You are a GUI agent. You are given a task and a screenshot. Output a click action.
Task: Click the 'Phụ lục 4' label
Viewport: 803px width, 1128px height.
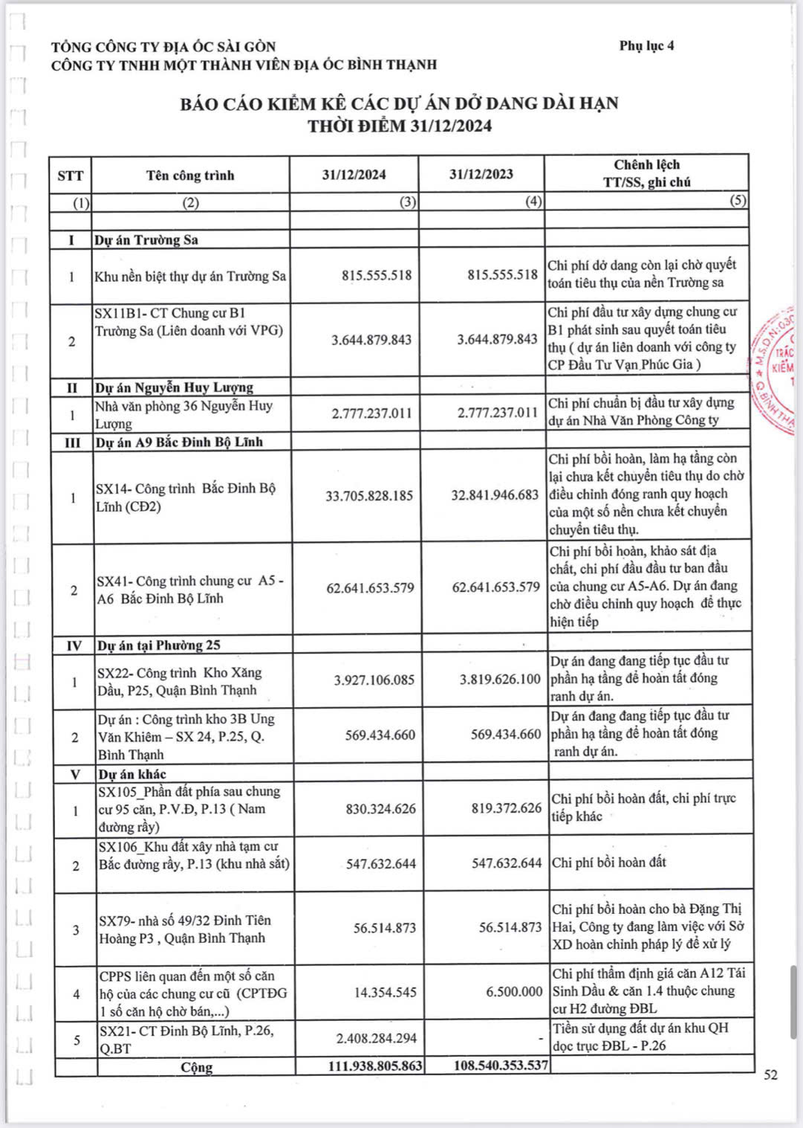[x=646, y=46]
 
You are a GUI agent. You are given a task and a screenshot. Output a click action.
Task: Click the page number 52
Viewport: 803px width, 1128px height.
[x=771, y=1074]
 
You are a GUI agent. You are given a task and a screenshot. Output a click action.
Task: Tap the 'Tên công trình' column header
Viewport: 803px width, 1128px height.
[x=190, y=175]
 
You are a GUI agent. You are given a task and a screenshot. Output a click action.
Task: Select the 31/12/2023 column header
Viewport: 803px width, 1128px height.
[x=481, y=174]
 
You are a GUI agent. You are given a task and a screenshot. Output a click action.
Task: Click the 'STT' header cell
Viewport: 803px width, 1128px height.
[x=71, y=175]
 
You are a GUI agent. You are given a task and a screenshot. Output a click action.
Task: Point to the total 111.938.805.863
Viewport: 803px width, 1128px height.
[x=375, y=1066]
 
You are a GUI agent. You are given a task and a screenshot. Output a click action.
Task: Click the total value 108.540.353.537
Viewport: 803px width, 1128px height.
[x=501, y=1066]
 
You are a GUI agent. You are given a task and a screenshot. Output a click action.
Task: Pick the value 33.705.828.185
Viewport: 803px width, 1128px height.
[x=369, y=496]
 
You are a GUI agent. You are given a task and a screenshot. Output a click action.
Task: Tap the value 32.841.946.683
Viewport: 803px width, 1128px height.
[x=495, y=495]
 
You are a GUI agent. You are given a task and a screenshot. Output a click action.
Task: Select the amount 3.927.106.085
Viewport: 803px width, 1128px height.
[x=374, y=680]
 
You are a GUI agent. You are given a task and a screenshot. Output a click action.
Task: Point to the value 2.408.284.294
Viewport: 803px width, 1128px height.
[x=377, y=1038]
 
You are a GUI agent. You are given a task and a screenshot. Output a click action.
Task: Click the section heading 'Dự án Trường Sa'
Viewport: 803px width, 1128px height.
[x=146, y=240]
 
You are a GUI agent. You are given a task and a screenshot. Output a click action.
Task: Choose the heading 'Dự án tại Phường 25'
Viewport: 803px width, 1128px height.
[x=159, y=645]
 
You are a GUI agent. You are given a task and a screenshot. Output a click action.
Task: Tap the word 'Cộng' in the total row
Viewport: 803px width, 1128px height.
[x=197, y=1067]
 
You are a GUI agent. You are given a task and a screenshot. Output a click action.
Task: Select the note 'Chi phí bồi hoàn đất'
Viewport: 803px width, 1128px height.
[x=609, y=863]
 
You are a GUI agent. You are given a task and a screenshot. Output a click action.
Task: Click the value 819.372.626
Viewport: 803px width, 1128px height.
[x=506, y=808]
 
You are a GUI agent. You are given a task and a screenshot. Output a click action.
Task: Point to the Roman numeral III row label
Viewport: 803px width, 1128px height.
[x=72, y=442]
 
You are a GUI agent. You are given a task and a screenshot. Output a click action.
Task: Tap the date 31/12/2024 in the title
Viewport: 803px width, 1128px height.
[x=451, y=126]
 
